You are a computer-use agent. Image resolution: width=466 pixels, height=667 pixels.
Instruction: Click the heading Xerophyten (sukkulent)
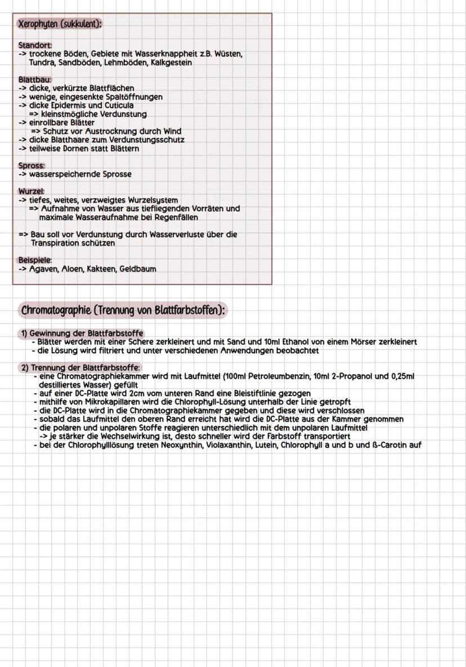point(60,24)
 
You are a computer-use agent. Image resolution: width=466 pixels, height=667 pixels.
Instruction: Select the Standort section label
point(35,45)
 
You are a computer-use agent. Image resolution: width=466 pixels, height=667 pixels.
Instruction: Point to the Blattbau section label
point(34,79)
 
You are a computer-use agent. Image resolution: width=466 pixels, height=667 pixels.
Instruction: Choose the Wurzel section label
point(32,192)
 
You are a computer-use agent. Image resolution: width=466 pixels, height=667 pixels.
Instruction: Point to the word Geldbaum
point(137,269)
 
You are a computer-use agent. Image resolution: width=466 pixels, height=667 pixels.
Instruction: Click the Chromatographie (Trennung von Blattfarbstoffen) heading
point(123,310)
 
